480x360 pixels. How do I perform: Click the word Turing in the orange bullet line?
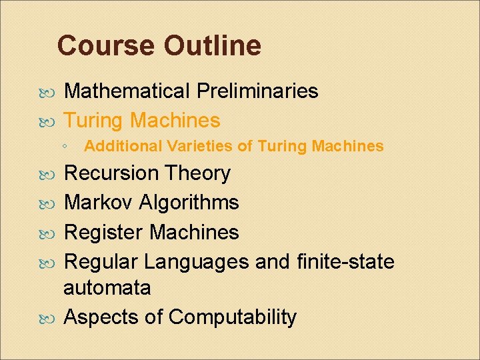pos(93,120)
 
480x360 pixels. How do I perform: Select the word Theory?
pos(198,173)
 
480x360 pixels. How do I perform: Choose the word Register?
pos(103,232)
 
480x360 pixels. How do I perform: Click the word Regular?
pos(101,262)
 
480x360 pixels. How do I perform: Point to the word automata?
pos(107,289)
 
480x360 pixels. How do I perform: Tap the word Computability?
pos(232,318)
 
